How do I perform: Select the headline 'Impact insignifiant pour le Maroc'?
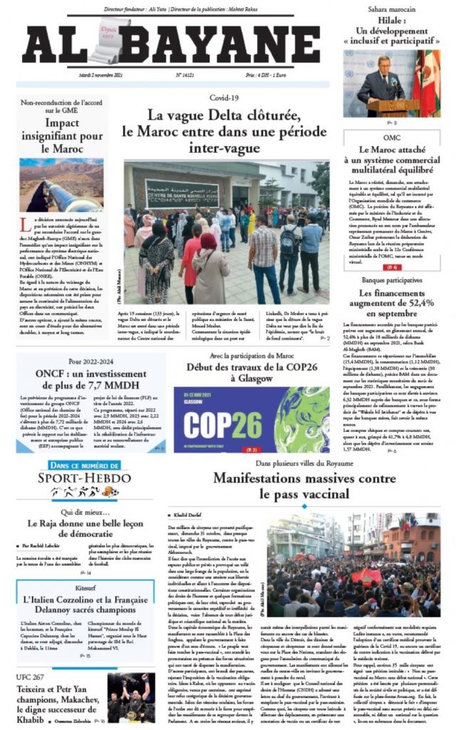click(62, 136)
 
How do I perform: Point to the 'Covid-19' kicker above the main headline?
click(224, 97)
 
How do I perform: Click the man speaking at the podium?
click(381, 86)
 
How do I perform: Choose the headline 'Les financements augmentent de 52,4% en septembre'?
click(393, 302)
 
